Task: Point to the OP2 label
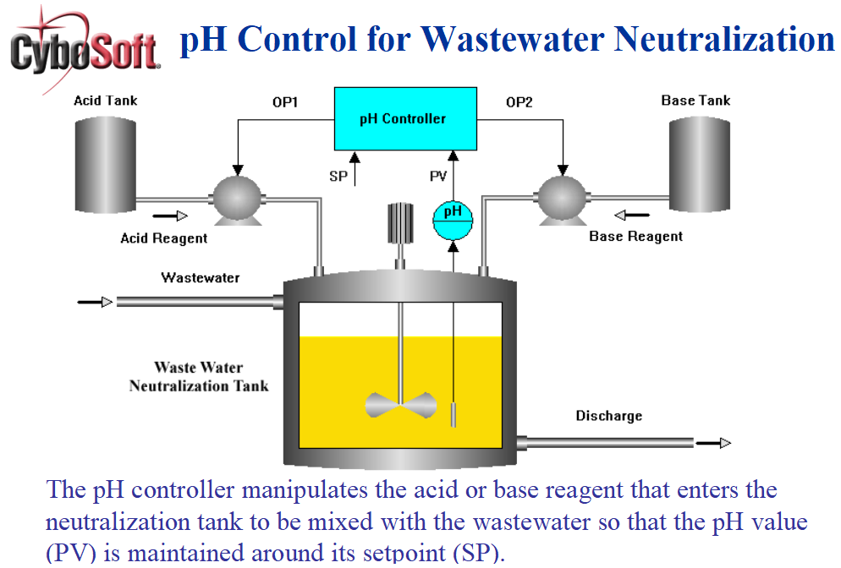coord(519,102)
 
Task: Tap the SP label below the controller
coord(338,176)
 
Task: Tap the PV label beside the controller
coord(438,176)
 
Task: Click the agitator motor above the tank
coord(399,224)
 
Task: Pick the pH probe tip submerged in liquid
coord(454,414)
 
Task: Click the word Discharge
coord(608,416)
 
